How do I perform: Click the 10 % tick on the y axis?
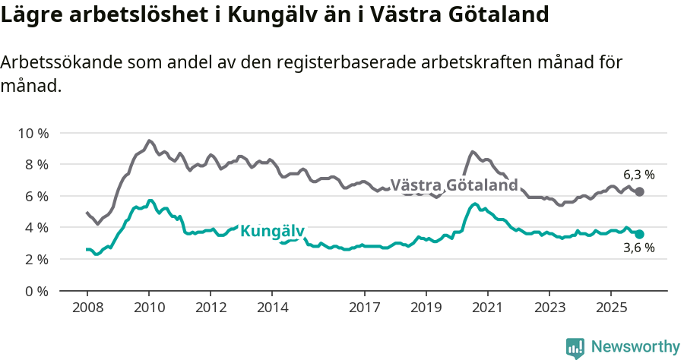(x=32, y=133)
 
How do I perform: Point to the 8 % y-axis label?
(x=35, y=164)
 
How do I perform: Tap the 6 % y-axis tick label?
(x=35, y=196)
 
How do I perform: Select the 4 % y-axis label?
(x=35, y=227)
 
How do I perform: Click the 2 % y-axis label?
(x=35, y=259)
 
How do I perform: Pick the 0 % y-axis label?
(x=35, y=291)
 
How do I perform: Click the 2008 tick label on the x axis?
(x=87, y=308)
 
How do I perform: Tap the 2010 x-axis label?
(x=149, y=308)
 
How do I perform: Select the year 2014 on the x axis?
(x=272, y=308)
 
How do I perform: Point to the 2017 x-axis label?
(x=364, y=308)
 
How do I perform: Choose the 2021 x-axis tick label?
(x=487, y=308)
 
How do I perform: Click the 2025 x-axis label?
(x=610, y=308)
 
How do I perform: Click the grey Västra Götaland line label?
(x=454, y=185)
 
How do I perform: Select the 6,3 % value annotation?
(x=638, y=175)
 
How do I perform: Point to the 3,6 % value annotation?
(x=638, y=248)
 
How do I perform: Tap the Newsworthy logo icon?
(x=575, y=347)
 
